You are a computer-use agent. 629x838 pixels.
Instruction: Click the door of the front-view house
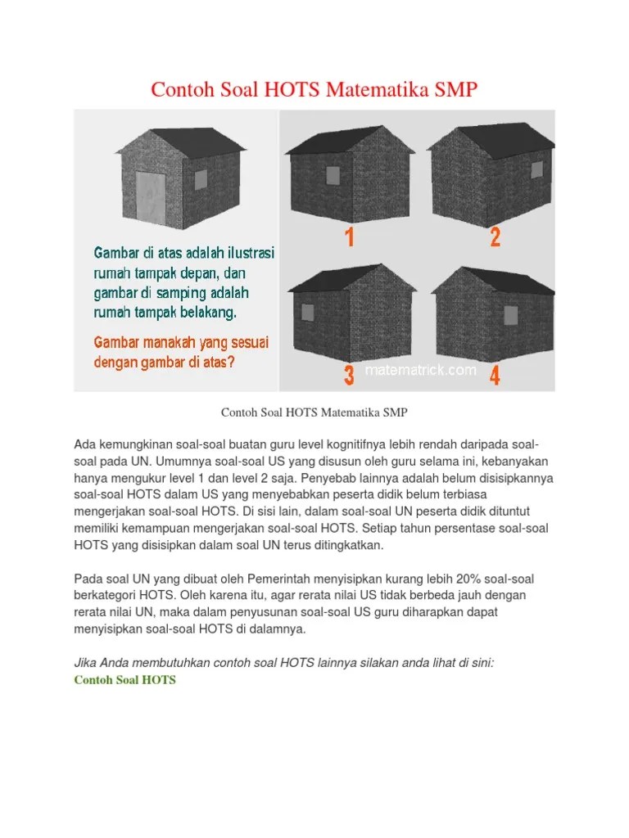coord(151,196)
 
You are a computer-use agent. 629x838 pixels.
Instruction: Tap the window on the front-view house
coord(201,179)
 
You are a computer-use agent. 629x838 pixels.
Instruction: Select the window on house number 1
coord(333,175)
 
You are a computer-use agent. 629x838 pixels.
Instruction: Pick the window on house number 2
coord(536,170)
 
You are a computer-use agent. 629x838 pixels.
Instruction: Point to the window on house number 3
coord(308,313)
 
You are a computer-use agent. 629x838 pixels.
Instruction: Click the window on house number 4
coord(511,315)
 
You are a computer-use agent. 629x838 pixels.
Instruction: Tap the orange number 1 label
coord(350,237)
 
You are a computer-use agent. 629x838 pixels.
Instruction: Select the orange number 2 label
coord(496,237)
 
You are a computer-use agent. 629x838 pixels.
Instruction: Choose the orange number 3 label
coord(349,375)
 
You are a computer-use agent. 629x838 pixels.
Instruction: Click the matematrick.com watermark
coord(420,370)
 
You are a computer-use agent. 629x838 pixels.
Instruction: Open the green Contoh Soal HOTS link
coord(124,680)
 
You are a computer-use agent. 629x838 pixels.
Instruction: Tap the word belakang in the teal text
coord(208,313)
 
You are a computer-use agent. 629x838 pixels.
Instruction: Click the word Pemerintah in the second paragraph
coord(278,579)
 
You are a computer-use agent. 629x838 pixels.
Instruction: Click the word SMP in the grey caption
coord(396,412)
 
